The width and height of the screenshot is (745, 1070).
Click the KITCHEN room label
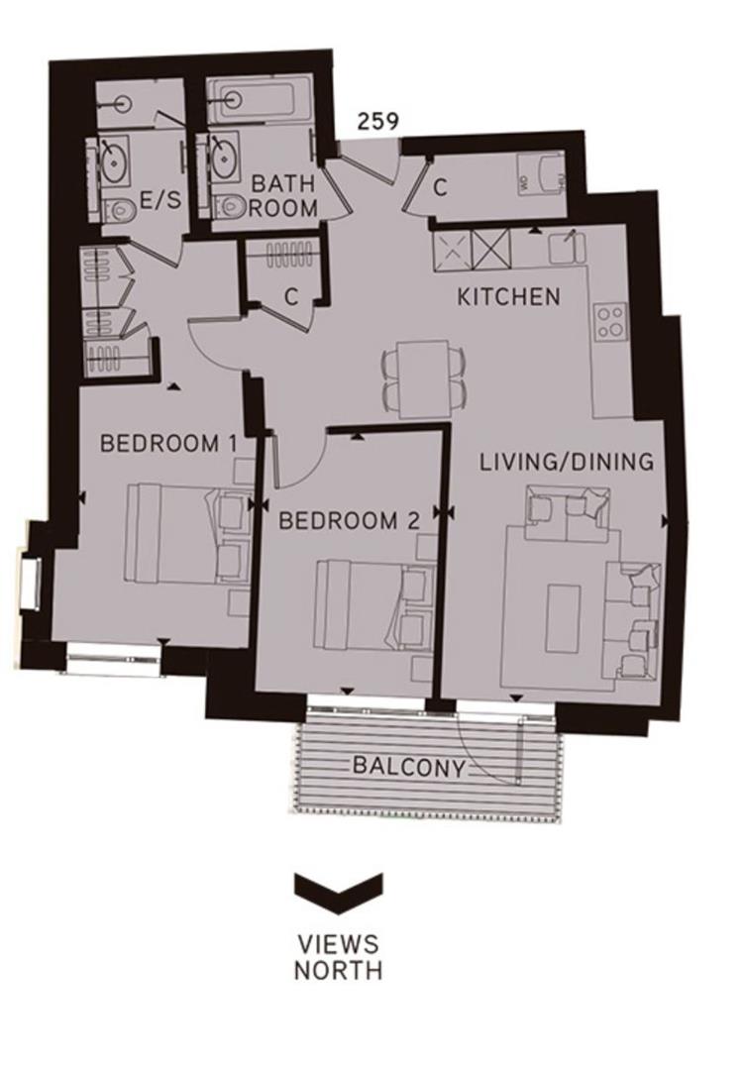pos(508,296)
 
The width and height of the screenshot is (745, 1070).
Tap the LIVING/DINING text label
pos(566,462)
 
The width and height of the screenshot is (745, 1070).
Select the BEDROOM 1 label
pos(167,443)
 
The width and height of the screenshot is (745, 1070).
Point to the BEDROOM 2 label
pos(350,520)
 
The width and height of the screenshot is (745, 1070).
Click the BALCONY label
pos(408,765)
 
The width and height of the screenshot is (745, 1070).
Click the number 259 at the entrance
pos(378,122)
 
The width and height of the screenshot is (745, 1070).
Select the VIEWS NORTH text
pos(337,956)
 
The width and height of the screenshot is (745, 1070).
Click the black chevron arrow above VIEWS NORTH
pos(337,888)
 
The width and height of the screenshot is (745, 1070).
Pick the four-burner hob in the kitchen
pos(610,320)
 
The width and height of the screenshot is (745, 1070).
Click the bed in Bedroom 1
pos(183,533)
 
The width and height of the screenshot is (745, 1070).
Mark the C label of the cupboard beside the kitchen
pos(442,186)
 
